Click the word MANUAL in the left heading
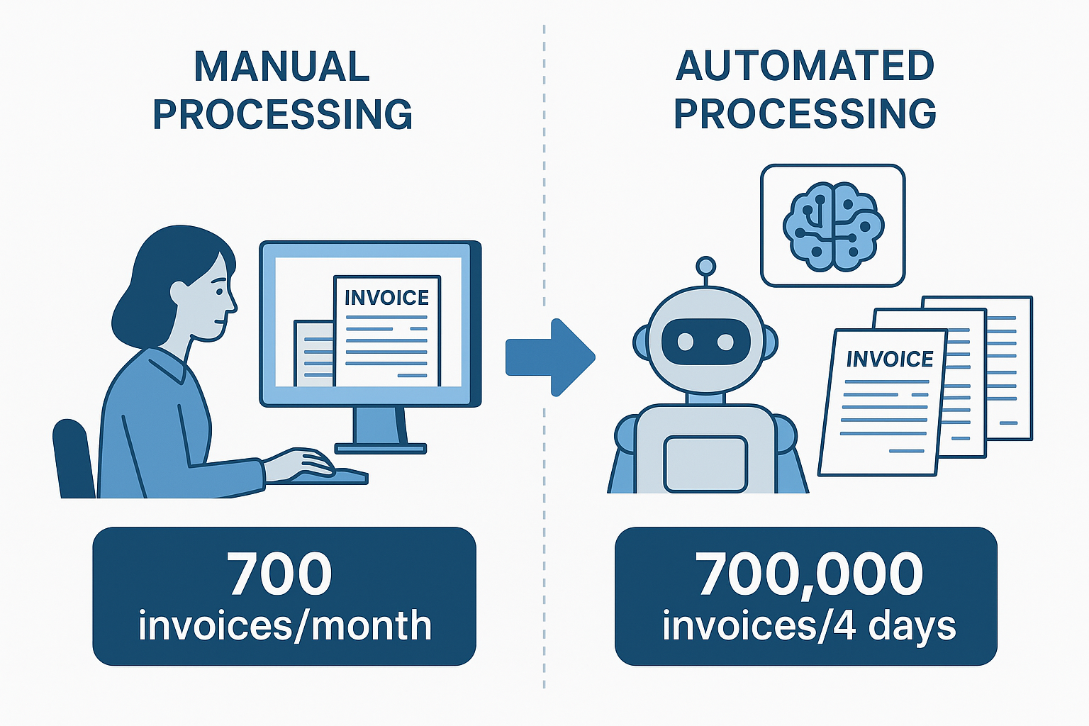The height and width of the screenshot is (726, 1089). point(282,66)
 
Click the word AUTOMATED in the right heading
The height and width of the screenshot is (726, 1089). point(805,66)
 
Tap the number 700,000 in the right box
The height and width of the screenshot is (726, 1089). point(808,574)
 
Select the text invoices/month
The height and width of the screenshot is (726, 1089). point(285,625)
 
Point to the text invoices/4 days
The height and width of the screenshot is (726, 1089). point(809,626)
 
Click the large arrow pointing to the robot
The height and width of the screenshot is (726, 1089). point(550,357)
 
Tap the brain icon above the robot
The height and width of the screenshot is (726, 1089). point(833,226)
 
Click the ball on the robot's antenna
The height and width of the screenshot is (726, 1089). point(705,267)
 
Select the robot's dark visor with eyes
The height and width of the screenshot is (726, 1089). point(705,341)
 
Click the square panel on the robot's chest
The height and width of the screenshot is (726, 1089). point(705,464)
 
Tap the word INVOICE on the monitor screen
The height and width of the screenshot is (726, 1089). point(386,298)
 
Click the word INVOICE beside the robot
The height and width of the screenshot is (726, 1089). point(890,359)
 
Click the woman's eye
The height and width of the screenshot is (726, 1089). point(219,292)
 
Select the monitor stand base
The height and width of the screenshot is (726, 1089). point(381,448)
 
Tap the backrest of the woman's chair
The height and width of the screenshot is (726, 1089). point(74,458)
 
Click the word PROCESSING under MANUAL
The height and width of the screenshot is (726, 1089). point(283,113)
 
